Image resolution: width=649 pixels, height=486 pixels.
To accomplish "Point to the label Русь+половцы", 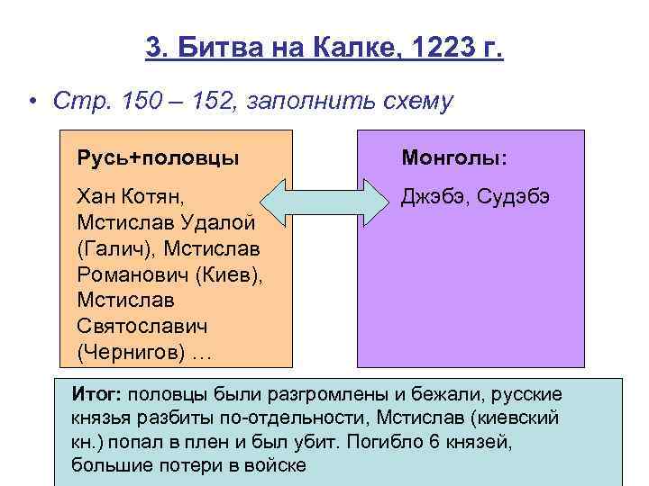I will coord(158,158).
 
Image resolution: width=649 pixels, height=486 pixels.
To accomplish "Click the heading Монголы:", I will coord(453,158).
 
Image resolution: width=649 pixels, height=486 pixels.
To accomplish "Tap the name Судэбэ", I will coord(516,196).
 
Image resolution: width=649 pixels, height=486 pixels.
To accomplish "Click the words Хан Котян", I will coord(132,196).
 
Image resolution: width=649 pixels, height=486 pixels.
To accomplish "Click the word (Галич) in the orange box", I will coord(112,247).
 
